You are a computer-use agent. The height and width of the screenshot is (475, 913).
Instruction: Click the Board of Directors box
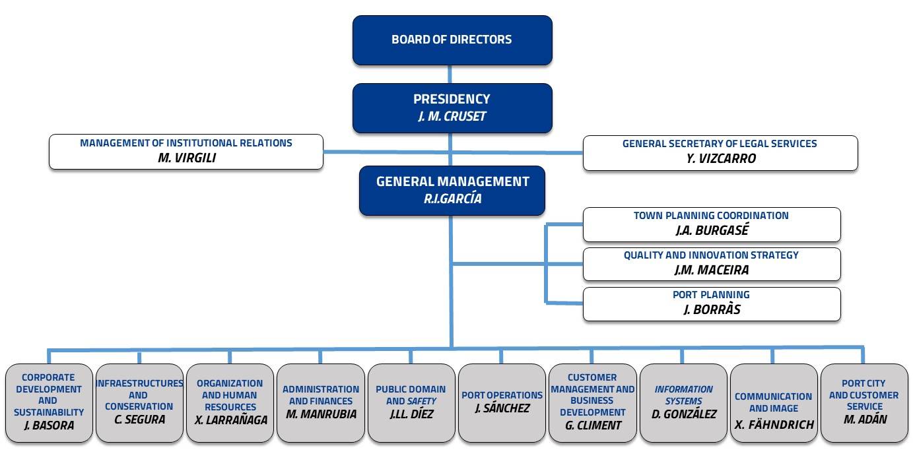point(452,40)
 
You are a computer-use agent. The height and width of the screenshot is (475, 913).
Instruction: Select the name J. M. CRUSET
point(452,117)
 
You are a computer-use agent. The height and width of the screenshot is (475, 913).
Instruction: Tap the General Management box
point(452,190)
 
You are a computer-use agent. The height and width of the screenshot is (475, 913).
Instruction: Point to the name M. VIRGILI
point(187,158)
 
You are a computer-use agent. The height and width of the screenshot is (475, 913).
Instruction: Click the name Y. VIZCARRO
point(721,158)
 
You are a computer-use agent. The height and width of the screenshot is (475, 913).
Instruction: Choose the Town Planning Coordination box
point(712,224)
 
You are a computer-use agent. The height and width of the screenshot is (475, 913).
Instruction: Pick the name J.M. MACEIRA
point(712,270)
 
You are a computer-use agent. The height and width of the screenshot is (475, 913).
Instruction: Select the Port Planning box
point(712,304)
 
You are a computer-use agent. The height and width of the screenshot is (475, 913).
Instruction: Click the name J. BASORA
point(49,426)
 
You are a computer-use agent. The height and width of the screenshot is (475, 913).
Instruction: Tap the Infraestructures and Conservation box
point(139,403)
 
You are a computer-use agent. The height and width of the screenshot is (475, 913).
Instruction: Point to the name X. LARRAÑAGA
point(230,420)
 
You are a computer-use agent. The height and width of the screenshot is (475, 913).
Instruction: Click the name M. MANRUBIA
point(321,414)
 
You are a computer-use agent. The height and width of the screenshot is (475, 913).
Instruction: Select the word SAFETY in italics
point(423,401)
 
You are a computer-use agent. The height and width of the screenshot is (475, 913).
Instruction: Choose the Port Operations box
point(502,403)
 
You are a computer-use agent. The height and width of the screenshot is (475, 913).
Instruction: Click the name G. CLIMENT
point(593,426)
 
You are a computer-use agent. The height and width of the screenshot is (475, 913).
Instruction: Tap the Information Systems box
point(683,403)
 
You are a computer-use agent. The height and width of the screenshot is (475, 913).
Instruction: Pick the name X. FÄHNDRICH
point(774,425)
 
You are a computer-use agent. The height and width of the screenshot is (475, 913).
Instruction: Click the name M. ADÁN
point(865,419)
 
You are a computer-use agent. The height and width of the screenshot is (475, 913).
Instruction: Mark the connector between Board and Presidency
point(450,74)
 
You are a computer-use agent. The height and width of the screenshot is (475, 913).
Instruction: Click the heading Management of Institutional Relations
point(186,143)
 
